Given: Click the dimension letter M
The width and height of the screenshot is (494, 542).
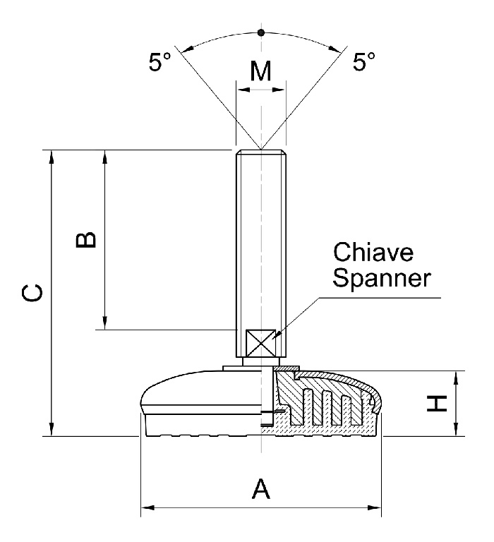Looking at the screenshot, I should click(x=261, y=71).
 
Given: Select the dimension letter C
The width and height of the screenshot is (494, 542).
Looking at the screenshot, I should click(x=32, y=293).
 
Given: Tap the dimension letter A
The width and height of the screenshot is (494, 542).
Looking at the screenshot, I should click(x=261, y=488).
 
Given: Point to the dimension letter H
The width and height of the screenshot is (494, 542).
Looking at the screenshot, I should click(x=438, y=404).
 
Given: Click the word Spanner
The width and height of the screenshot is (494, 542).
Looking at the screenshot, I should click(x=381, y=279).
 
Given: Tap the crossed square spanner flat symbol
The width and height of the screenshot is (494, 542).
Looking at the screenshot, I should click(x=261, y=344).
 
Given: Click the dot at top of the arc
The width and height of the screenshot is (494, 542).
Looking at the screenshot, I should click(x=261, y=32).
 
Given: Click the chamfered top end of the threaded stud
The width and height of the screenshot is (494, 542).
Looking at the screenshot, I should click(x=261, y=152).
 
